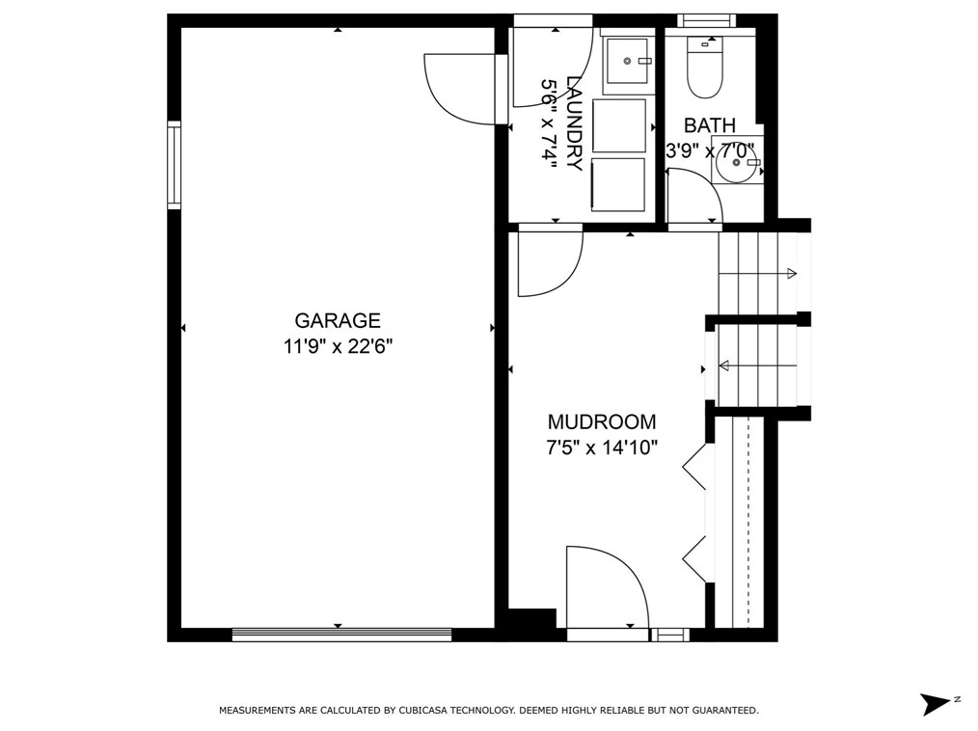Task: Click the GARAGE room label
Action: click(338, 320)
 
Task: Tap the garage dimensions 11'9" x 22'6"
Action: click(338, 345)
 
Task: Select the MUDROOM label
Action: click(602, 422)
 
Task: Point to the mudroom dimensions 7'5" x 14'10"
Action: click(602, 447)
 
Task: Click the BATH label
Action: click(710, 125)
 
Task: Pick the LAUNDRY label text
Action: click(574, 122)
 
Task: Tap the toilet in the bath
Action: click(704, 68)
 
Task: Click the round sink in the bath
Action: click(737, 162)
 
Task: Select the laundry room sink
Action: click(628, 61)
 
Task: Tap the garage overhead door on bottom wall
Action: click(341, 635)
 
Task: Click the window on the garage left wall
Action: click(174, 165)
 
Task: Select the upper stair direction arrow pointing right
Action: click(757, 273)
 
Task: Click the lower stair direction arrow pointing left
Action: click(758, 365)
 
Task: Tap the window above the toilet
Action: click(707, 20)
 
